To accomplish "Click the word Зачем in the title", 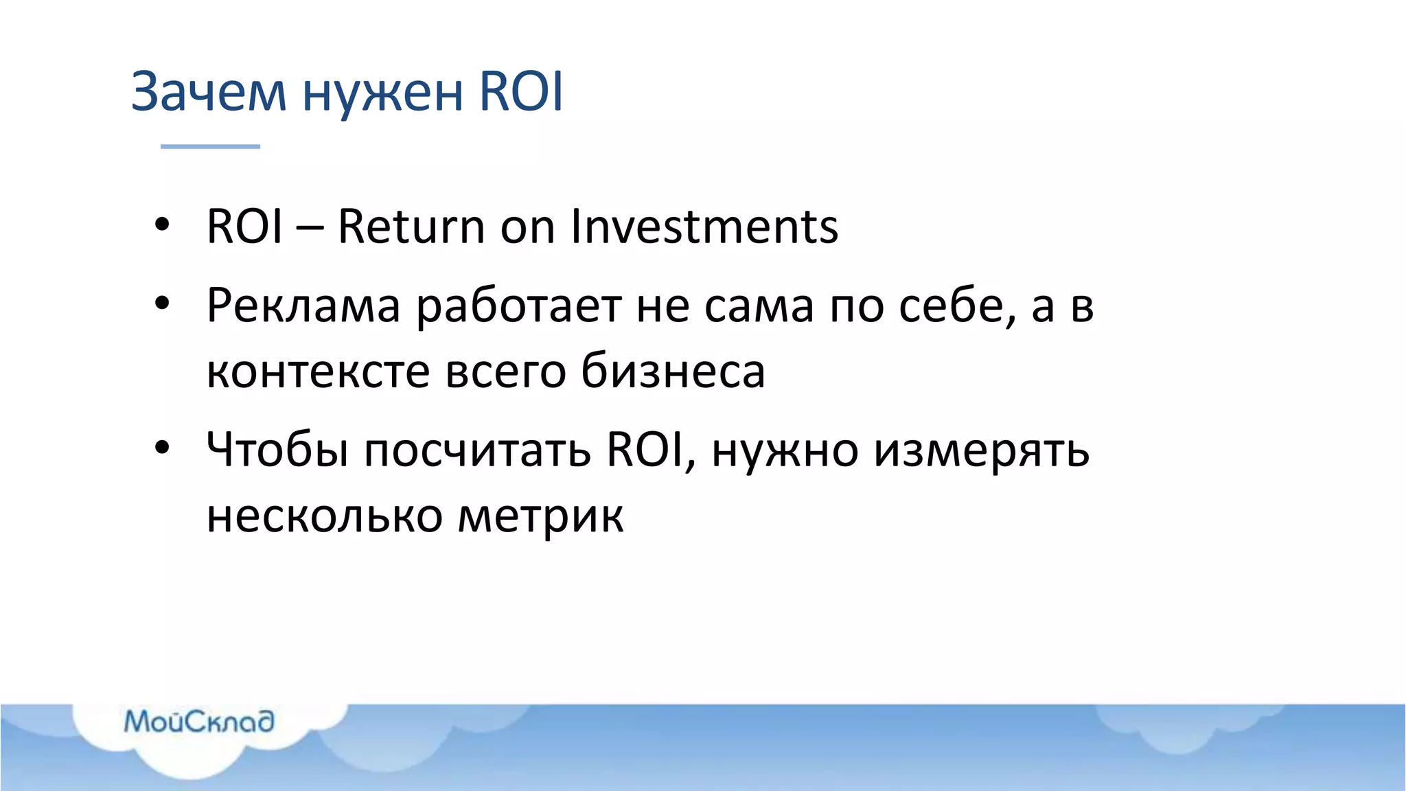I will tap(208, 92).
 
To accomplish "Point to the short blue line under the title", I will tap(210, 146).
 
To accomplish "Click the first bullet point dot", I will tap(162, 225).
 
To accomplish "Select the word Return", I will tap(411, 227).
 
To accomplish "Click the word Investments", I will tap(704, 227).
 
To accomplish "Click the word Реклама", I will tap(303, 306).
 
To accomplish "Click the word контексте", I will tap(318, 371).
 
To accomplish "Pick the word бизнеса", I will tap(673, 371).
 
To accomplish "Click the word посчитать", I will tap(477, 451).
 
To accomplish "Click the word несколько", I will tap(324, 516).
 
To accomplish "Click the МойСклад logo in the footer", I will tap(199, 721).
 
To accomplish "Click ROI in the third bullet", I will tap(645, 450).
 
